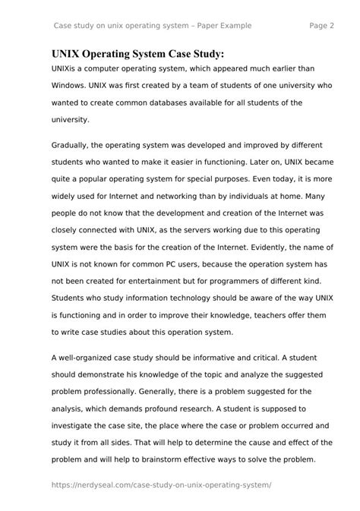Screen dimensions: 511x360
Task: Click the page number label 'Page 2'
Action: [322, 25]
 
